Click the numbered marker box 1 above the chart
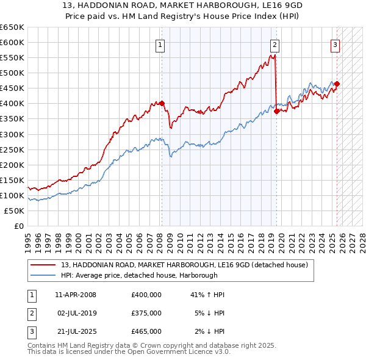pyautogui.click(x=159, y=44)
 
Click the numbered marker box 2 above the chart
pyautogui.click(x=274, y=44)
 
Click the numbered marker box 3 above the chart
pyautogui.click(x=335, y=44)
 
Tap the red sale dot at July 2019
pyautogui.click(x=276, y=111)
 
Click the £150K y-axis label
pyautogui.click(x=12, y=180)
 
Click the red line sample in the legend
pyautogui.click(x=43, y=265)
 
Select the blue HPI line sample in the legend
pyautogui.click(x=43, y=275)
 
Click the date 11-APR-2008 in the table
pyautogui.click(x=76, y=295)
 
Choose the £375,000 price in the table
pyautogui.click(x=146, y=313)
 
